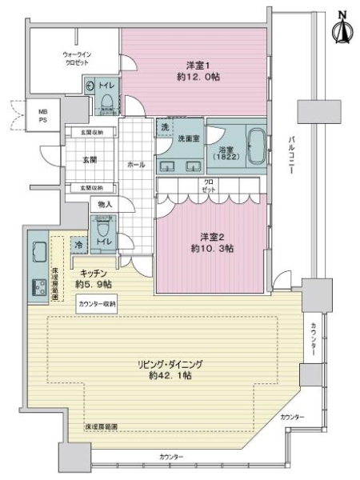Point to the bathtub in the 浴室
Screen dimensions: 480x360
pyautogui.click(x=257, y=146)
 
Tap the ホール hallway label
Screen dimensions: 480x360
pyautogui.click(x=136, y=165)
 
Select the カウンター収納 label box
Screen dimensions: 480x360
pyautogui.click(x=98, y=304)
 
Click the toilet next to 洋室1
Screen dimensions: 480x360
pyautogui.click(x=106, y=98)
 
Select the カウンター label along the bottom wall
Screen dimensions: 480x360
pyautogui.click(x=171, y=457)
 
